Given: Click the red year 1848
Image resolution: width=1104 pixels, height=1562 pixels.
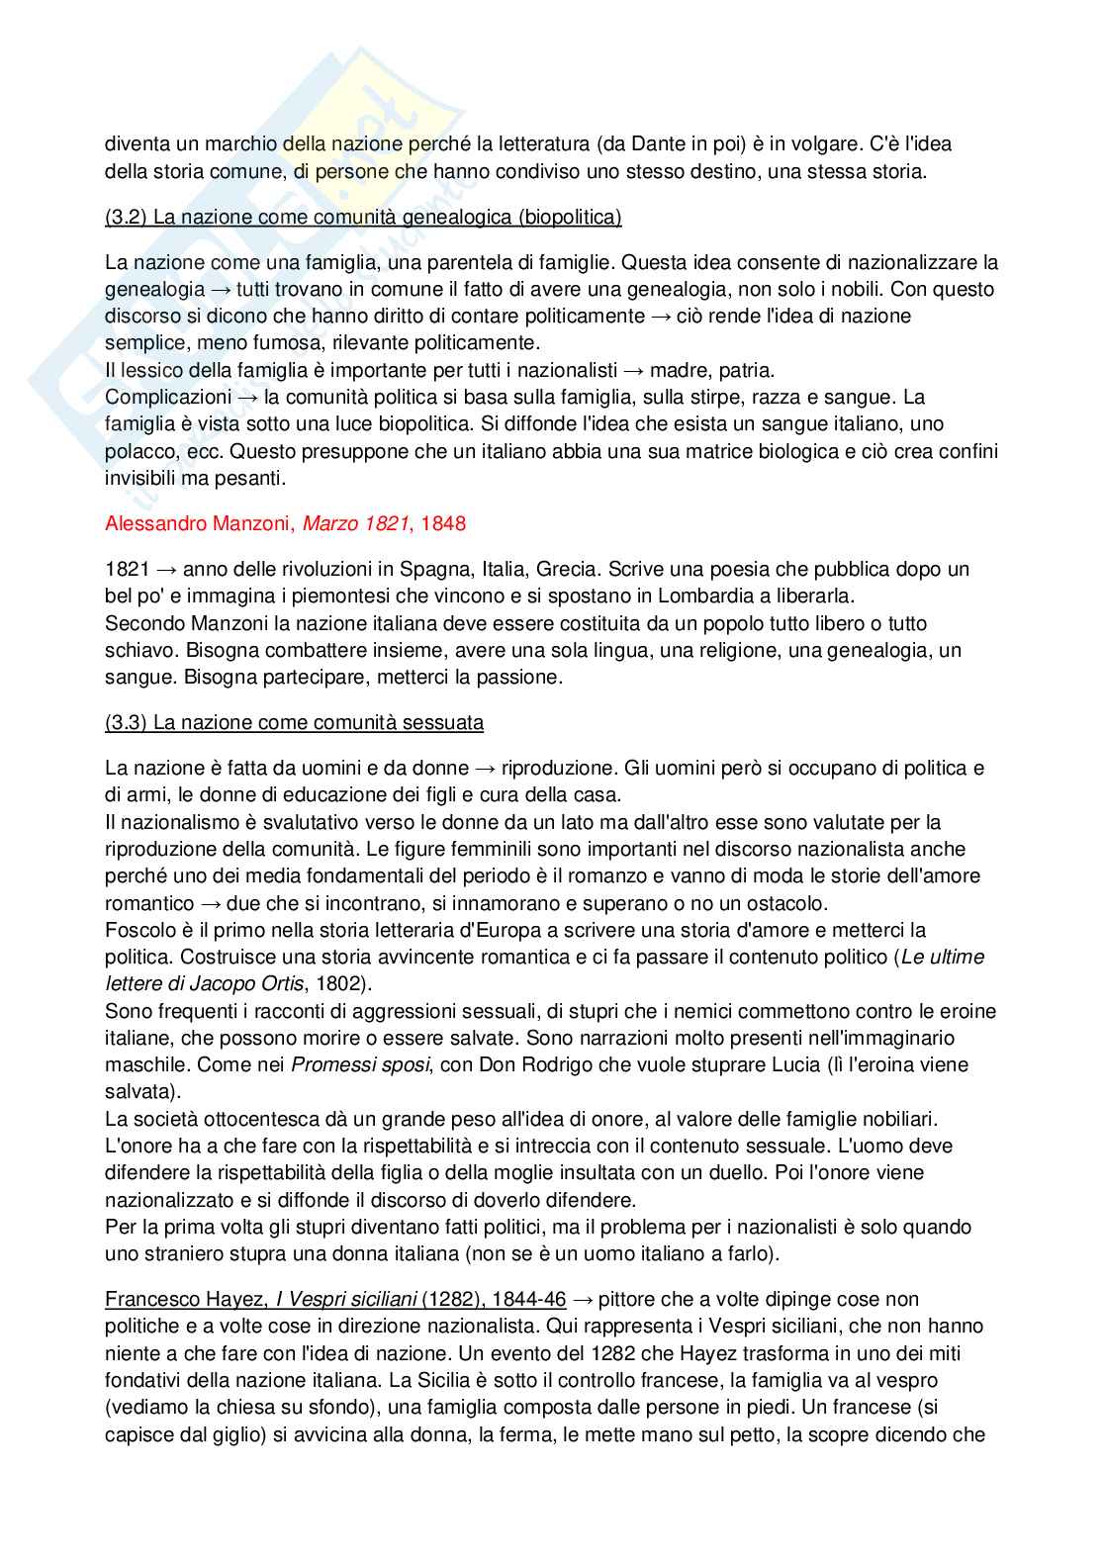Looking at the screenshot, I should point(443,523).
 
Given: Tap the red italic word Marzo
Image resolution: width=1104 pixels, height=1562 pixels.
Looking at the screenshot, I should point(328,523).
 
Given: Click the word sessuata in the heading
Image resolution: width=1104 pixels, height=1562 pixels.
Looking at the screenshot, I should point(443,723).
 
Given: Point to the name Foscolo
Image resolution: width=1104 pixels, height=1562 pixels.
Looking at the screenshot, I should point(138,931).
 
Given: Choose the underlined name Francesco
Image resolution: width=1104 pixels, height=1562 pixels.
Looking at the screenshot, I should point(144,1300).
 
